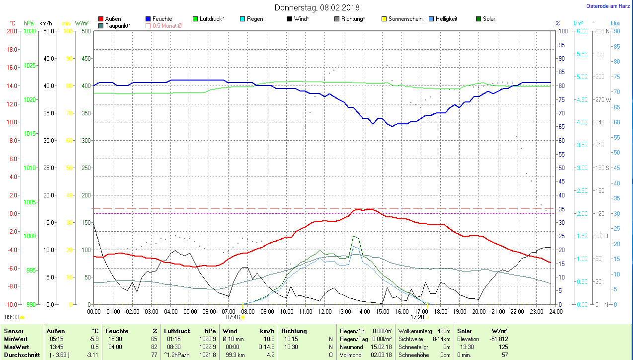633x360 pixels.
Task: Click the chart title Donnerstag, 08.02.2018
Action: point(317,7)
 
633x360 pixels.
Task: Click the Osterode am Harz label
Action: point(608,6)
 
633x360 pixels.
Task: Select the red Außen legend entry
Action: point(113,19)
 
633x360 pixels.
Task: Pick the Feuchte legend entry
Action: point(162,19)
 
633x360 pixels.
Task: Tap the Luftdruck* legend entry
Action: point(212,19)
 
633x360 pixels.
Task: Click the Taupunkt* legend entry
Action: point(117,25)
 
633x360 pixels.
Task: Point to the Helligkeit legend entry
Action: point(446,19)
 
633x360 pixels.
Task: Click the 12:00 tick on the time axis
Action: point(324,311)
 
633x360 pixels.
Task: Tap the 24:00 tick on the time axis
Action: point(555,311)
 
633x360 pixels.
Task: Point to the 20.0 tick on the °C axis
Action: point(11,31)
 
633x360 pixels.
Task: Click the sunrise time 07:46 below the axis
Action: point(233,317)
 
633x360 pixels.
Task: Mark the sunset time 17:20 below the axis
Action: point(417,317)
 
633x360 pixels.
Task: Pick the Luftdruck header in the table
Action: point(177,331)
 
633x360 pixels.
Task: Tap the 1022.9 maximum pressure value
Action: point(207,347)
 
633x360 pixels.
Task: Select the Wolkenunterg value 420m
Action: point(443,331)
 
